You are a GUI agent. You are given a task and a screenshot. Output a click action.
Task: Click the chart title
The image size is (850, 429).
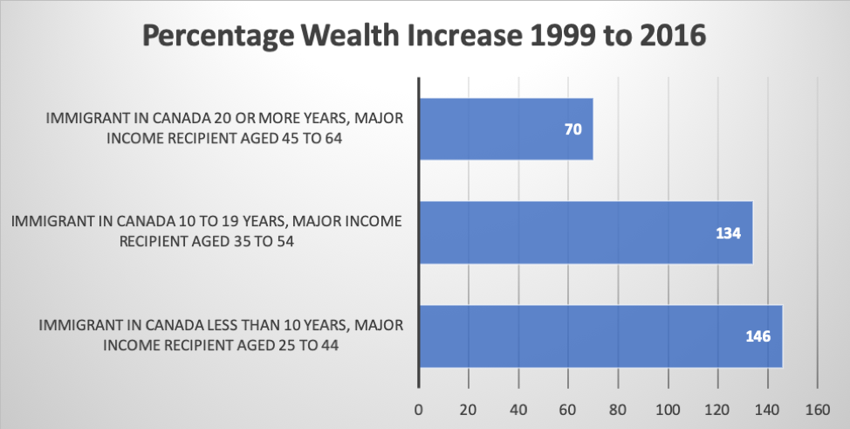(x=424, y=37)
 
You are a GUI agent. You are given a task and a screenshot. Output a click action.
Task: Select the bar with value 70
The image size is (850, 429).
(x=506, y=129)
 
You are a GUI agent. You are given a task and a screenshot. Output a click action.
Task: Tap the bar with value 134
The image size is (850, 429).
(x=586, y=232)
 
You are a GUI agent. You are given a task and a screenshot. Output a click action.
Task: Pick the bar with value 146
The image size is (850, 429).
(x=601, y=336)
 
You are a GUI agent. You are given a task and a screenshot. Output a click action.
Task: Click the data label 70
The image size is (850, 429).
(x=573, y=130)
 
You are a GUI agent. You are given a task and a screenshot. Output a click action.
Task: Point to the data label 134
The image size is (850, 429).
(x=728, y=233)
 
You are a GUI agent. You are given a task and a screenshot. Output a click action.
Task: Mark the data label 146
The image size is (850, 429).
(x=757, y=336)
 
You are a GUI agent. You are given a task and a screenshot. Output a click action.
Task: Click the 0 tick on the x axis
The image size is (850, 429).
(x=419, y=410)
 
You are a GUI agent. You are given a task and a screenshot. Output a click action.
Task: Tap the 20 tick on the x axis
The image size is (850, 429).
(x=469, y=410)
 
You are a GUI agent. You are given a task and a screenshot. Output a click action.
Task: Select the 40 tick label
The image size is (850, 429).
(x=518, y=410)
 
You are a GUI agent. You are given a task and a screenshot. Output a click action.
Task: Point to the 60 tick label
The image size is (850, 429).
(x=568, y=410)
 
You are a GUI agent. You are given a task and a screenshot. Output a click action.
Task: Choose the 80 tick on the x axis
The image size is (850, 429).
(x=618, y=410)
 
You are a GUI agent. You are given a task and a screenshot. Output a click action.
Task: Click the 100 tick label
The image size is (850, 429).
(x=668, y=410)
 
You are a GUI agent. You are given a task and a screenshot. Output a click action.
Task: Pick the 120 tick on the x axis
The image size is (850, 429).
(x=717, y=410)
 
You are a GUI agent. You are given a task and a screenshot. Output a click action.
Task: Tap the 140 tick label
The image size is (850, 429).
(x=768, y=410)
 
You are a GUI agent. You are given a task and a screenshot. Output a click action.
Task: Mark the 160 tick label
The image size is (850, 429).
(x=818, y=410)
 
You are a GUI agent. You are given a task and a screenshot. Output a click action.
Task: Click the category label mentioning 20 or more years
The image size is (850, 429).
(x=224, y=128)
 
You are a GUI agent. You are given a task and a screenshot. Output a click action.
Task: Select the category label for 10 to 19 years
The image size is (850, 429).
(x=207, y=232)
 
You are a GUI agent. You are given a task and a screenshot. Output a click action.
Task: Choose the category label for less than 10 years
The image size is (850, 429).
(x=221, y=335)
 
